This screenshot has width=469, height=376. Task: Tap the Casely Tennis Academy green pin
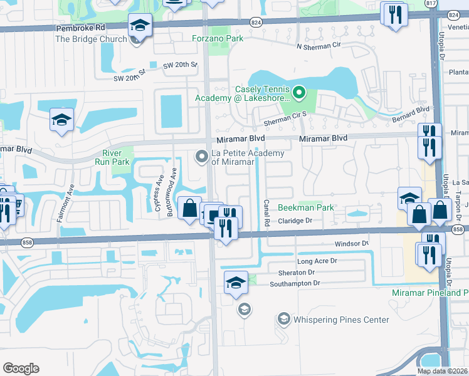click(x=299, y=94)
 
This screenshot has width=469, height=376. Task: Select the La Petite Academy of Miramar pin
click(x=201, y=155)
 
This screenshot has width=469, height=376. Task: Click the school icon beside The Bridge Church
click(x=140, y=26)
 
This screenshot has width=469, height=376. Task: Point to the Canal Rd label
click(x=266, y=214)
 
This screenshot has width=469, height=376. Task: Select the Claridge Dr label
click(x=295, y=221)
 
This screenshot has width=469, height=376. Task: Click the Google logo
click(x=21, y=368)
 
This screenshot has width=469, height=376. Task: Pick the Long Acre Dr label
click(x=317, y=260)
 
